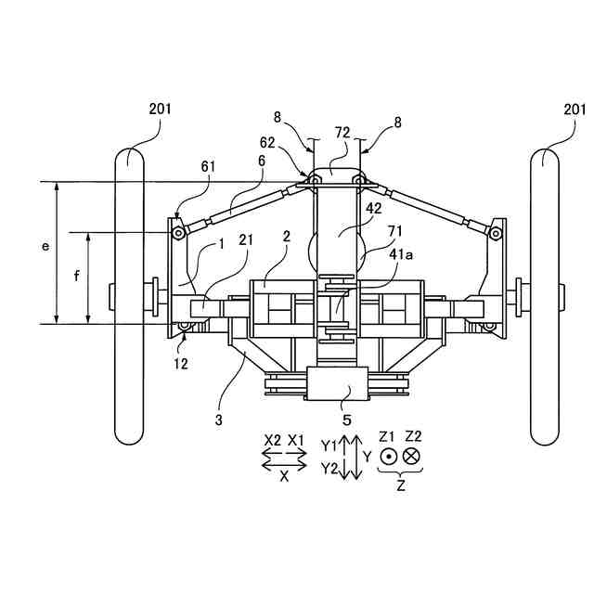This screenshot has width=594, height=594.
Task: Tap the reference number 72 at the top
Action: click(x=342, y=133)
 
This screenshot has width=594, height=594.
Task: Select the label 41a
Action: click(x=401, y=254)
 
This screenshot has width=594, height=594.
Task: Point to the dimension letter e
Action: click(x=45, y=247)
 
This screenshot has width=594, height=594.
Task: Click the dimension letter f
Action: click(x=77, y=276)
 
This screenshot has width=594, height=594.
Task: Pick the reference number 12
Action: click(x=181, y=364)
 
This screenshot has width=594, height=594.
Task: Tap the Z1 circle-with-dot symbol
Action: click(x=389, y=457)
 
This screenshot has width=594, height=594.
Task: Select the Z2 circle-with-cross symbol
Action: click(x=411, y=456)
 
